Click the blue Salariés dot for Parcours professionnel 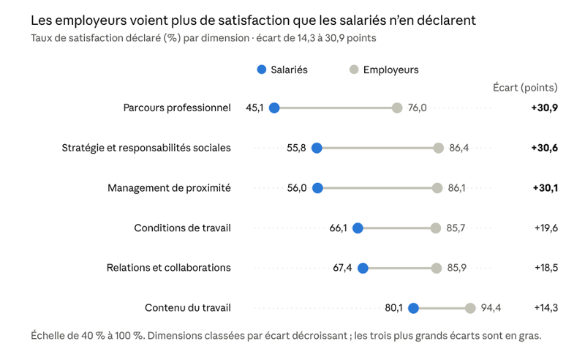[274, 108]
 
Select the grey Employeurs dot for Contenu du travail [470, 308]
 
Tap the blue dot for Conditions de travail [358, 228]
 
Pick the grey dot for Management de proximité [437, 188]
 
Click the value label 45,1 [254, 108]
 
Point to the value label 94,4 [491, 308]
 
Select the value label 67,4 [342, 268]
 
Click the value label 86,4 [458, 148]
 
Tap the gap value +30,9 [544, 108]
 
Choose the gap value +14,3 [546, 308]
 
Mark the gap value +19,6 [546, 228]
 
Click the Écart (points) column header [525, 88]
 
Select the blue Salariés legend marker [262, 70]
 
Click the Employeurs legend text [391, 70]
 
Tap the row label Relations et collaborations [169, 268]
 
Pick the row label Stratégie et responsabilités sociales [146, 148]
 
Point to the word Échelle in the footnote [46, 335]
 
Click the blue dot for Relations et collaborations [363, 268]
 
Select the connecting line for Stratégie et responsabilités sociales [377, 148]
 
